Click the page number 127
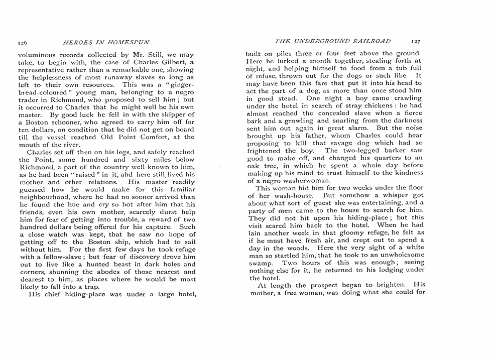416,42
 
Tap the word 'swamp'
262,263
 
